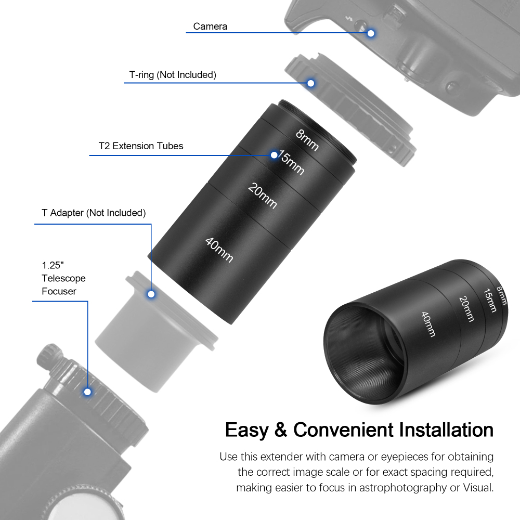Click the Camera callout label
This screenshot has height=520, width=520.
pos(210,26)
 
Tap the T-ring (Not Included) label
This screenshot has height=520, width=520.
pos(172,75)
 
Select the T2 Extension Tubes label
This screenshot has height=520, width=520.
pos(141,146)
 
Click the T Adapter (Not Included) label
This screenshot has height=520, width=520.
pos(94,213)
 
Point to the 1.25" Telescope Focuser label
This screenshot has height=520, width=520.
pos(63,278)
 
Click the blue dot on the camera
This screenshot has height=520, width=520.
pos(371,33)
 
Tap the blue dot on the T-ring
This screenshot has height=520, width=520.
pos(311,83)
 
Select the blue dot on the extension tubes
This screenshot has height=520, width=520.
pos(274,154)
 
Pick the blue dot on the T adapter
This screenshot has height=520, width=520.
pos(151,294)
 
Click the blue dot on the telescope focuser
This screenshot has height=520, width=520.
pos(88,391)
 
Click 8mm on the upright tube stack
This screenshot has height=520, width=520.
pos(307,139)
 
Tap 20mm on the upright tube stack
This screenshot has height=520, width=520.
pos(263,196)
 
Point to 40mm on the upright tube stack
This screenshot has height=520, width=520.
pos(219,250)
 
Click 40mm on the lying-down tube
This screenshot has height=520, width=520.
pos(428,324)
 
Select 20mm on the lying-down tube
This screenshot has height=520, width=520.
pos(466,308)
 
